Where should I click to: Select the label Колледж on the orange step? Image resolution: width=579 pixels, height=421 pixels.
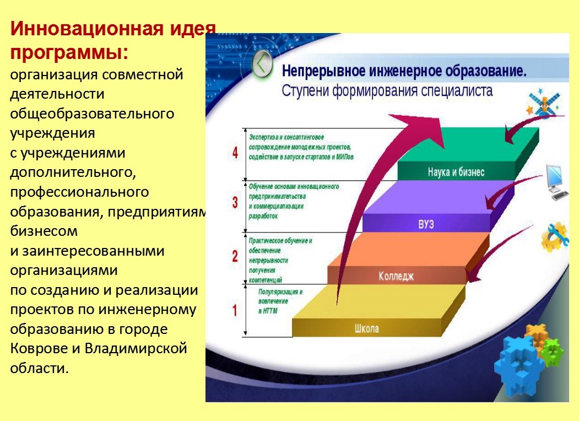pyautogui.click(x=396, y=276)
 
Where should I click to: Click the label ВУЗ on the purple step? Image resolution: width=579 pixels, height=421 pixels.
pyautogui.click(x=426, y=224)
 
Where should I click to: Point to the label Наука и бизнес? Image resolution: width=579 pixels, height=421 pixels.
pyautogui.click(x=456, y=172)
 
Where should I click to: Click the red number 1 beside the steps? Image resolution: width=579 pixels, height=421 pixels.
pyautogui.click(x=235, y=311)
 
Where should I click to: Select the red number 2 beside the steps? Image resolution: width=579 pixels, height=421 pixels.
pyautogui.click(x=235, y=256)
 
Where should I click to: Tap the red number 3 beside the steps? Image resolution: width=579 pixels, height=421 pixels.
pyautogui.click(x=235, y=203)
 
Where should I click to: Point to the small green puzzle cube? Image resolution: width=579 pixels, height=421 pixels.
pyautogui.click(x=551, y=352)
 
